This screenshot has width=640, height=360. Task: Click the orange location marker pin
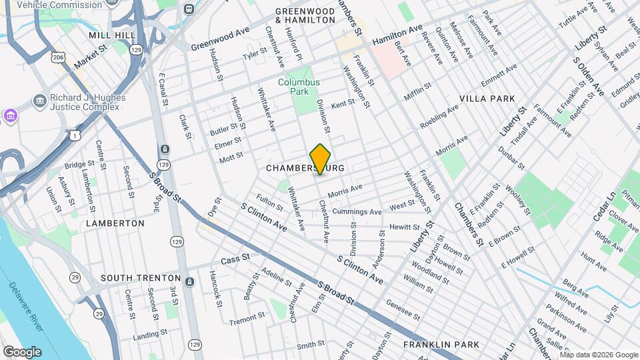[x=320, y=159]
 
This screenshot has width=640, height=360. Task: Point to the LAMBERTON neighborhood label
[x=115, y=223]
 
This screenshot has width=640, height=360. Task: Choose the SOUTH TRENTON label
[x=141, y=278]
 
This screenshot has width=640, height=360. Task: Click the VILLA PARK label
[x=487, y=99]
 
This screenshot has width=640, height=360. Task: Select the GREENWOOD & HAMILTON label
[x=305, y=16]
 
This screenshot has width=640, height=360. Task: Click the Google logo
[x=22, y=352]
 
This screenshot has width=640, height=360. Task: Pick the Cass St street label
[x=235, y=258]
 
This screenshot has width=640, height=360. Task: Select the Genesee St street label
[x=403, y=309]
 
